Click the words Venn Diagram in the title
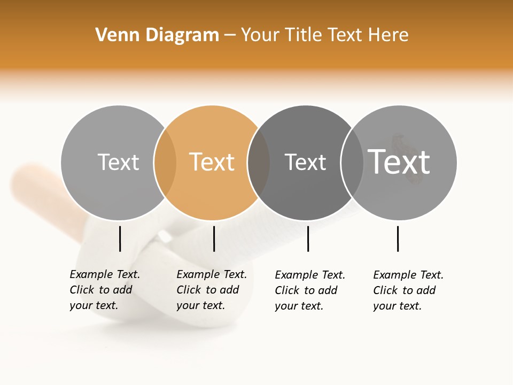pos(157,35)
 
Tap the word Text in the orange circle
pos(212,162)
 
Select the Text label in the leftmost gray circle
pos(118,162)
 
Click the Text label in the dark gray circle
pos(305,162)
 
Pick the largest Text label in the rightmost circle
pos(399,162)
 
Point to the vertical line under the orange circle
pos(214,238)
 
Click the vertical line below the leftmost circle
pos(120,238)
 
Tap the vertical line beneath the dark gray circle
pos(308,238)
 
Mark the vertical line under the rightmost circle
pos(398,238)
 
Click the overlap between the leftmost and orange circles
pos(165,163)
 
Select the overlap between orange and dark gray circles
pos(259,163)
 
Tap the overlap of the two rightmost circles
pos(352,163)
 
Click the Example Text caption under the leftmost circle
pos(104,290)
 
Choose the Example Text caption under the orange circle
pos(211,290)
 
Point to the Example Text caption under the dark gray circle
pos(309,290)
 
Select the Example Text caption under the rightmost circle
pos(408,290)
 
